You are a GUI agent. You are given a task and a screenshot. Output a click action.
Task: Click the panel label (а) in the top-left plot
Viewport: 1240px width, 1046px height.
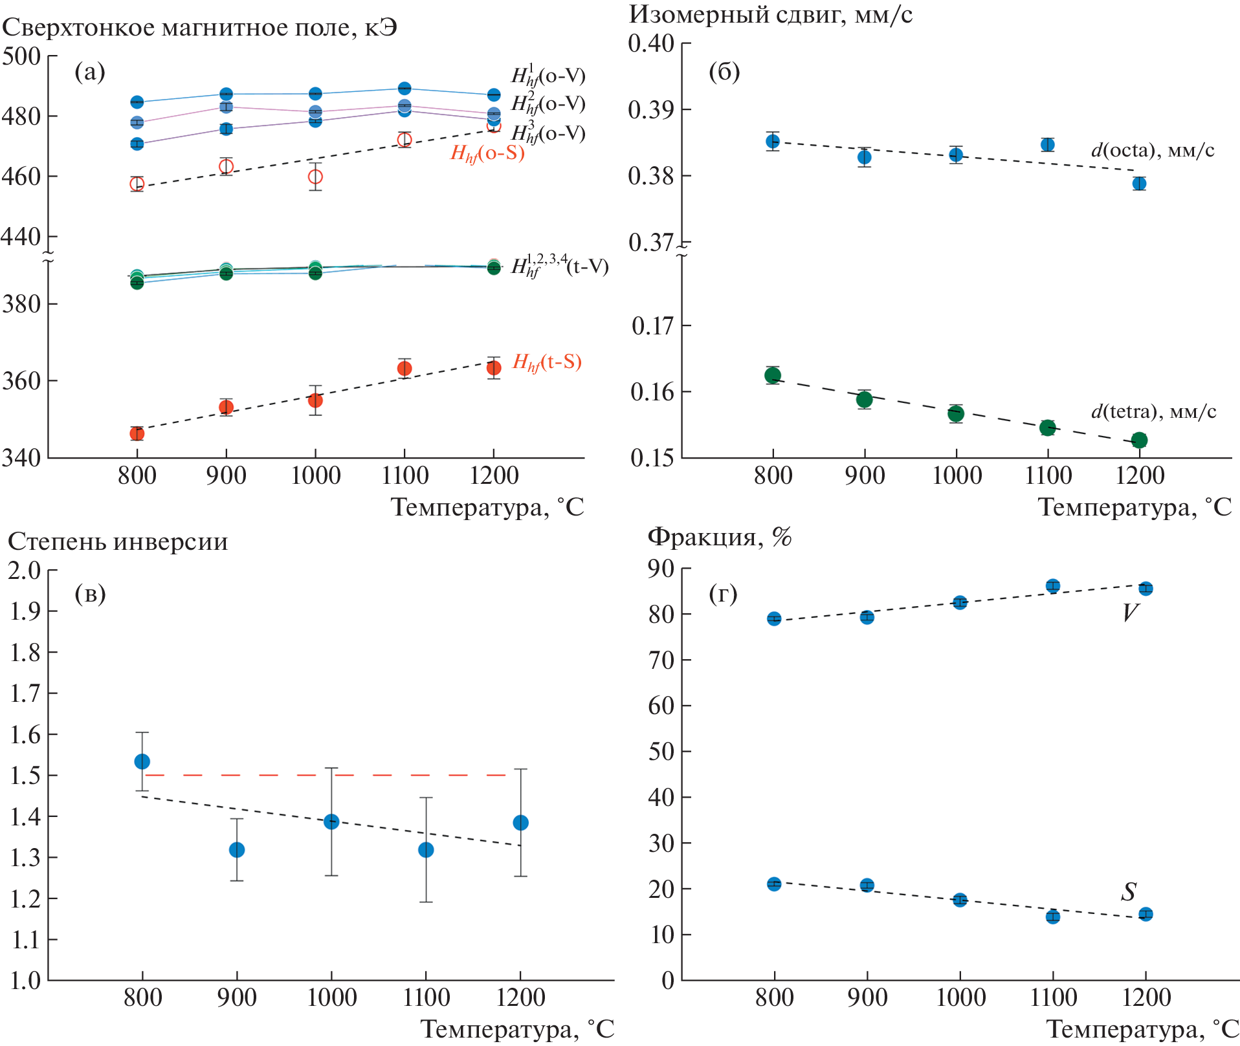click(90, 72)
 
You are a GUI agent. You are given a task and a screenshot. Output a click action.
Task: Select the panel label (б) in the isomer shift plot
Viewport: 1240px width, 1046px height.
click(724, 72)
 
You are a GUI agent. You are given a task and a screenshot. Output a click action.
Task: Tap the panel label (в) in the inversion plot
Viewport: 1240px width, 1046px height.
click(90, 593)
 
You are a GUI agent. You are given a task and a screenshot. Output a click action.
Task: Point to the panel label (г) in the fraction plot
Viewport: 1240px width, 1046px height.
click(723, 593)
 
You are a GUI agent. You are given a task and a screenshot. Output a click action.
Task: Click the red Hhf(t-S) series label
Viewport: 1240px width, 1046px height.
click(547, 362)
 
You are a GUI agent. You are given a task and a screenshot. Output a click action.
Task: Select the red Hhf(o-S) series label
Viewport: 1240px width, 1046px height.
click(487, 153)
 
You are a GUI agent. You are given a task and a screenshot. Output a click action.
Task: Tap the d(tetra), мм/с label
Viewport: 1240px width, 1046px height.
click(1153, 411)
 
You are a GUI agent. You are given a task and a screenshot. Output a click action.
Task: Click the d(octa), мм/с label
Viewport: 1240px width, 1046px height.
click(1152, 150)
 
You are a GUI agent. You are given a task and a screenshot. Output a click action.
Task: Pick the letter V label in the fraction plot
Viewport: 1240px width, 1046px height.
click(1130, 613)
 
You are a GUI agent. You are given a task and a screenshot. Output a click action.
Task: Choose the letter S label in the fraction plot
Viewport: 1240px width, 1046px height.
click(1129, 892)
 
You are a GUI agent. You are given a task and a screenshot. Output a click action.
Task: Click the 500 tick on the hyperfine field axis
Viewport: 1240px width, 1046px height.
click(21, 56)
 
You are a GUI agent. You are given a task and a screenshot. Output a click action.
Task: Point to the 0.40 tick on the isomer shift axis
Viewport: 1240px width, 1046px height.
click(651, 43)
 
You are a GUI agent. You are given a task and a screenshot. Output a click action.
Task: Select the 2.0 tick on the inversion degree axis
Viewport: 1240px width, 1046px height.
click(24, 570)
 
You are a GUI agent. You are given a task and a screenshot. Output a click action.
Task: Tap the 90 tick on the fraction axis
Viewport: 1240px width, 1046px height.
click(661, 569)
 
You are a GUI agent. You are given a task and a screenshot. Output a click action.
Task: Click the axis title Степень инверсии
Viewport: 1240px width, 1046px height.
click(118, 541)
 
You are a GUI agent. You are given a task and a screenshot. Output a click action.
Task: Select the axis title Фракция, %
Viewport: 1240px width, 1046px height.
click(720, 536)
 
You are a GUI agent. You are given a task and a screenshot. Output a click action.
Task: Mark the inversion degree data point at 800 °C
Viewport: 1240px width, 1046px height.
click(142, 761)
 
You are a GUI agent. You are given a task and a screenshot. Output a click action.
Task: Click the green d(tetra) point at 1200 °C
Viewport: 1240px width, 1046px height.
click(1139, 441)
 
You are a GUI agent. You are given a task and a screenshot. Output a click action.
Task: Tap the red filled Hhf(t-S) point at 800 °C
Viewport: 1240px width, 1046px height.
click(137, 433)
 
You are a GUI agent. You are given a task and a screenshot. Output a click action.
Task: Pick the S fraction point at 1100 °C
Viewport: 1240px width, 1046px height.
click(1053, 917)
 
